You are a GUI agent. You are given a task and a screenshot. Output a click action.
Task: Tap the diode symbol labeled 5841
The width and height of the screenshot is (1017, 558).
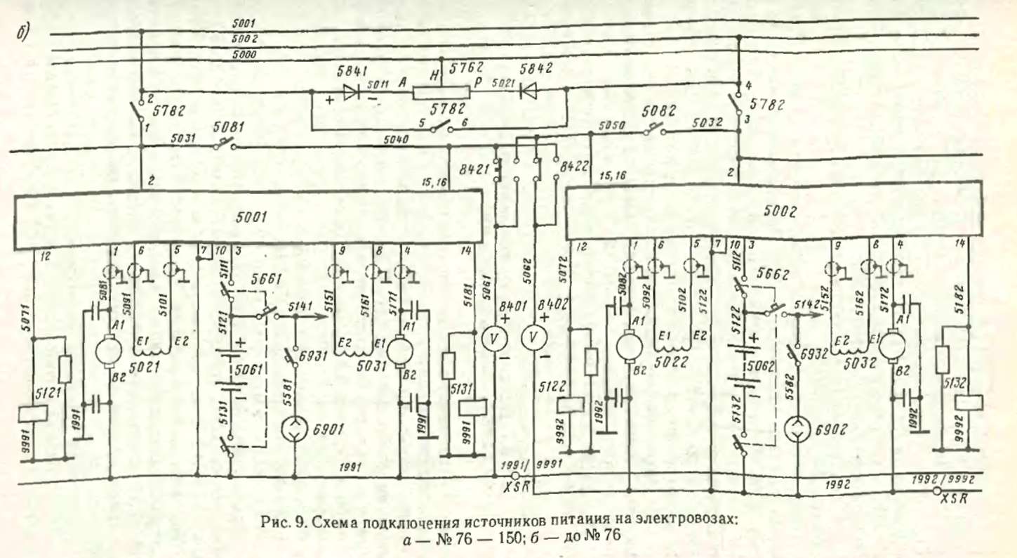point(352,91)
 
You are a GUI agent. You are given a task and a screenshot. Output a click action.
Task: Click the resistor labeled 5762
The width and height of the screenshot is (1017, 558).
point(441,91)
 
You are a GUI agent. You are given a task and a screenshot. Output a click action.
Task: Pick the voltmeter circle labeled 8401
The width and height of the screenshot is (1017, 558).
point(494,338)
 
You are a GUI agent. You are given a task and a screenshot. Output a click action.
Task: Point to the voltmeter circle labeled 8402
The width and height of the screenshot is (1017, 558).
point(533,338)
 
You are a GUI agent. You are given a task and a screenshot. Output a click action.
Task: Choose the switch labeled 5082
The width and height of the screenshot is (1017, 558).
point(654,130)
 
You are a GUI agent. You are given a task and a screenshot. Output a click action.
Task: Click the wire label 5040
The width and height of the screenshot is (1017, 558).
point(397,141)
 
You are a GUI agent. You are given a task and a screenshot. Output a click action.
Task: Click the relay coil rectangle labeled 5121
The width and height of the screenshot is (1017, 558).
point(34,413)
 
